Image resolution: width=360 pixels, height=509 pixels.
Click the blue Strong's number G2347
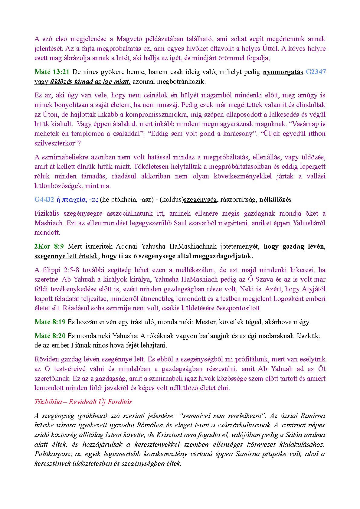click(x=316, y=72)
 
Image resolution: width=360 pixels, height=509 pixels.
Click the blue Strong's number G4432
click(x=44, y=200)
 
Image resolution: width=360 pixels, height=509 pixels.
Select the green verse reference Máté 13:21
click(x=52, y=72)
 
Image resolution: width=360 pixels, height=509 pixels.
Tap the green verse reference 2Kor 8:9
click(x=49, y=246)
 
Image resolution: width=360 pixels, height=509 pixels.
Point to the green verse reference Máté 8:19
click(x=50, y=322)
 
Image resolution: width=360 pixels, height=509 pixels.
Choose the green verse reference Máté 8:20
click(x=50, y=336)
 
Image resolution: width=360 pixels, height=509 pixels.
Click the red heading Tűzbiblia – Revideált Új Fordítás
click(x=83, y=402)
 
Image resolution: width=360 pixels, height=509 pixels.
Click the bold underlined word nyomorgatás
click(x=283, y=72)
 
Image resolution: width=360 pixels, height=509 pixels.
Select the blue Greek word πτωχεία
click(x=74, y=200)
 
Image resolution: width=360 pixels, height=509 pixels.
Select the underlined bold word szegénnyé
click(x=50, y=256)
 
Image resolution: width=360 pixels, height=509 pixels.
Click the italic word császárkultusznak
click(x=242, y=425)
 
